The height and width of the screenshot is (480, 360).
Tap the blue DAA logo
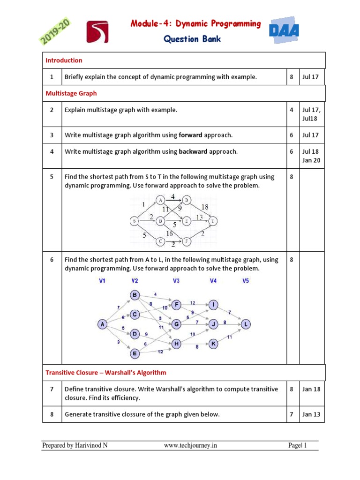tap(285, 31)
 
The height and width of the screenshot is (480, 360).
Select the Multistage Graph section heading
tap(71, 93)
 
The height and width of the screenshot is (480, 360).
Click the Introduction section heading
tap(64, 60)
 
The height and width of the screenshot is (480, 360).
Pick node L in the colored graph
tap(246, 324)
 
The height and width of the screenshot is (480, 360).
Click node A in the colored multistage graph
tap(102, 324)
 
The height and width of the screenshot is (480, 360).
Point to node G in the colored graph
tap(176, 323)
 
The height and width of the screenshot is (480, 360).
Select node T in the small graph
tap(213, 221)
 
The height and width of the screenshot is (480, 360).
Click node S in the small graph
tap(135, 221)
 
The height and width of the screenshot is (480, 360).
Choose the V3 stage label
tap(176, 281)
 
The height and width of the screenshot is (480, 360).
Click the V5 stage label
tap(246, 281)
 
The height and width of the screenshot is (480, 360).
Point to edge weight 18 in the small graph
tap(205, 207)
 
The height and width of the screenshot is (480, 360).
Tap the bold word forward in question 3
tap(190, 135)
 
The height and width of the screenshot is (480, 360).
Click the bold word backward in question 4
tap(193, 151)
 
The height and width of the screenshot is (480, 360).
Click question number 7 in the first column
tap(52, 389)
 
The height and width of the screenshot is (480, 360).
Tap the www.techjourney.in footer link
tap(190, 446)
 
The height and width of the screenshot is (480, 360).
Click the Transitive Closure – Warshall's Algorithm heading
tap(105, 373)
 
